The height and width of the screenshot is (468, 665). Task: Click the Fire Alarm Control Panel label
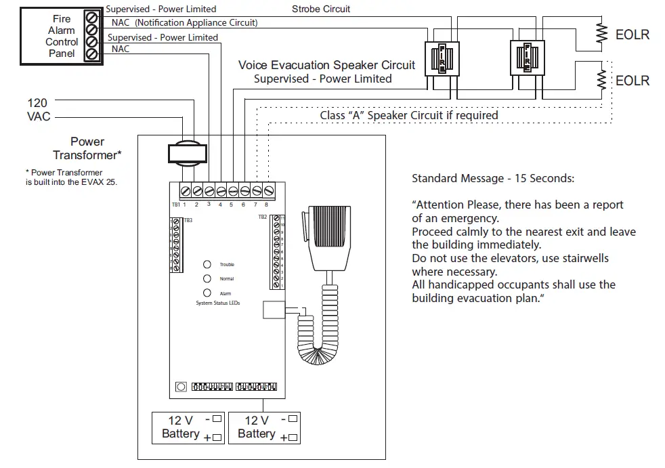click(62, 36)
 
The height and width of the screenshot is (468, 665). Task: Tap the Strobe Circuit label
click(321, 9)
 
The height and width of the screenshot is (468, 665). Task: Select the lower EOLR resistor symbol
click(599, 80)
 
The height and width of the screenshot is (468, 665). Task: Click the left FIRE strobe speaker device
click(442, 59)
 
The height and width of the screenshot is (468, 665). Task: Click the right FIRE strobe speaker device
click(528, 59)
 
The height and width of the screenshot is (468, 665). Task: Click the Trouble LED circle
click(207, 264)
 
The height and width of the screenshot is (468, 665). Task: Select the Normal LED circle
click(207, 278)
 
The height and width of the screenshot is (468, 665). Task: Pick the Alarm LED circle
click(207, 293)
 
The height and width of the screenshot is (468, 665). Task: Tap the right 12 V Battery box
click(263, 427)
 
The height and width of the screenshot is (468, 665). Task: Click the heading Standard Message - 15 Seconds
click(492, 179)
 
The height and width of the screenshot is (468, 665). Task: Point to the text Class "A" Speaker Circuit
click(408, 115)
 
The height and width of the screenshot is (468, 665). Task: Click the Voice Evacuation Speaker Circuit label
click(326, 66)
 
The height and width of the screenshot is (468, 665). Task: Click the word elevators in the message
click(498, 258)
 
